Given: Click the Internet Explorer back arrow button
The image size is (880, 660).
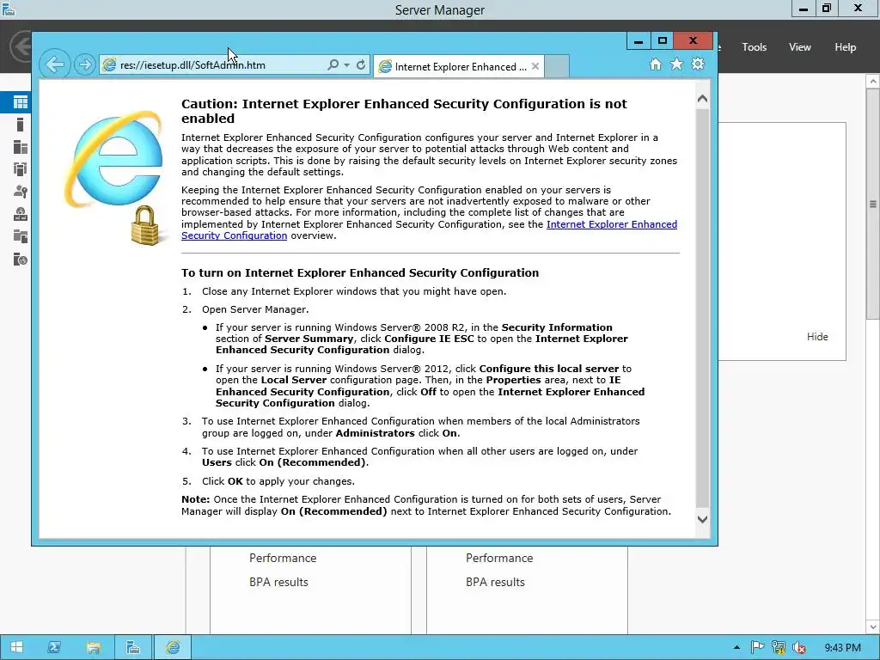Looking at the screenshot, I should click(x=54, y=64).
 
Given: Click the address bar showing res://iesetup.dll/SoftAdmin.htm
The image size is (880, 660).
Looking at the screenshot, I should click(x=215, y=65).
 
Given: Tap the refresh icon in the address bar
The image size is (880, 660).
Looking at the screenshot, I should click(x=361, y=65).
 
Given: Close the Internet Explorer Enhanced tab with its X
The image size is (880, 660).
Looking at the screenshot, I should click(x=535, y=66).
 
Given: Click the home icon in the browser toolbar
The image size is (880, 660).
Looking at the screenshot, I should click(x=656, y=64).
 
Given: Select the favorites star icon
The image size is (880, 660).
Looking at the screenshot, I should click(x=676, y=64).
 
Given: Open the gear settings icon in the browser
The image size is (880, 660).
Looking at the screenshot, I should click(x=698, y=64).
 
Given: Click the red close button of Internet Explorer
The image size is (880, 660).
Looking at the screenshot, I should click(x=693, y=40).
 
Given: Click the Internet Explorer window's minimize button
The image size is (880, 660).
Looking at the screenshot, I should click(x=639, y=40).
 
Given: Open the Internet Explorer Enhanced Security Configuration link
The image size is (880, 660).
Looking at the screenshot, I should click(x=611, y=224).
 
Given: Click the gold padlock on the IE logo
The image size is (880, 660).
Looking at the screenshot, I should click(x=146, y=225).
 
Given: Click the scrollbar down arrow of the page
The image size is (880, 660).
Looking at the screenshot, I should click(x=702, y=519).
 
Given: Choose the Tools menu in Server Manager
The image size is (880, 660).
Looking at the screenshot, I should click(x=754, y=47).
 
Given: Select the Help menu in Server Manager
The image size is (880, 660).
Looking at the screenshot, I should click(x=845, y=47).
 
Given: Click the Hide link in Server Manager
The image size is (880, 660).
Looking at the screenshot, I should click(x=817, y=337).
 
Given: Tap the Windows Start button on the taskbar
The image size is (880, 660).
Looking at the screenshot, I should click(x=16, y=647).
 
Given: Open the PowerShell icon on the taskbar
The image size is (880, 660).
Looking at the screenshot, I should click(x=53, y=647).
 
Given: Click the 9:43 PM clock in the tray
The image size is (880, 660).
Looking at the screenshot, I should click(x=842, y=648).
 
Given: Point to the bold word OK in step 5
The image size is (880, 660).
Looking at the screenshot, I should click(x=235, y=481).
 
